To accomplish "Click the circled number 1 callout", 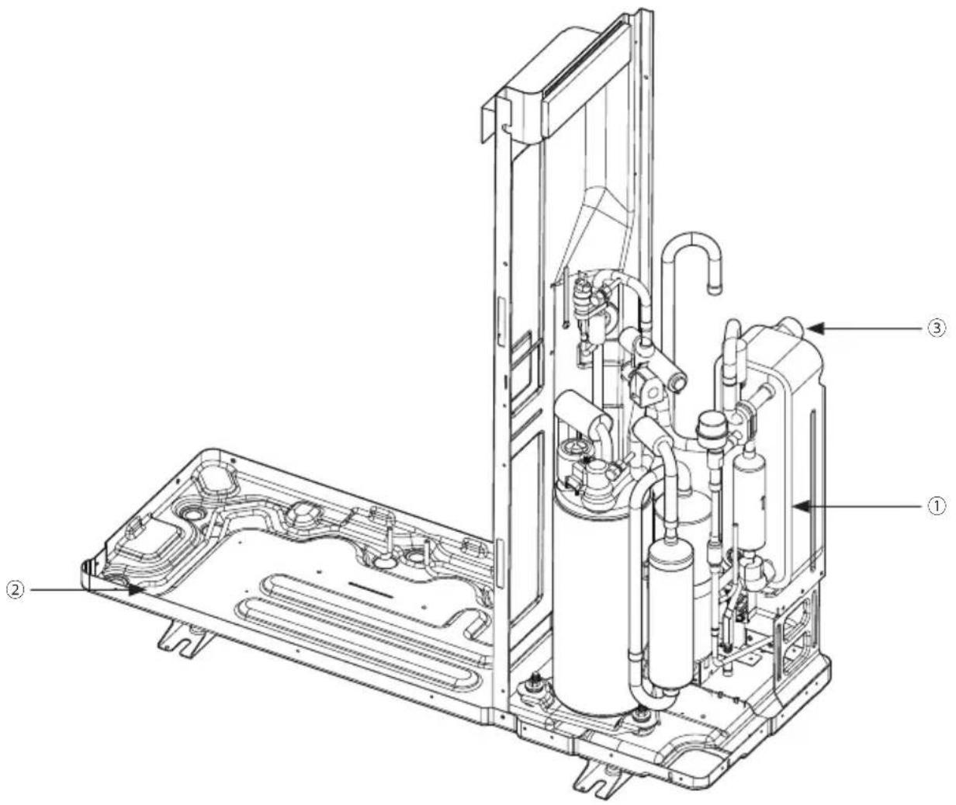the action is tap(937, 506).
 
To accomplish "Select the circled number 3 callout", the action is tap(937, 328).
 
